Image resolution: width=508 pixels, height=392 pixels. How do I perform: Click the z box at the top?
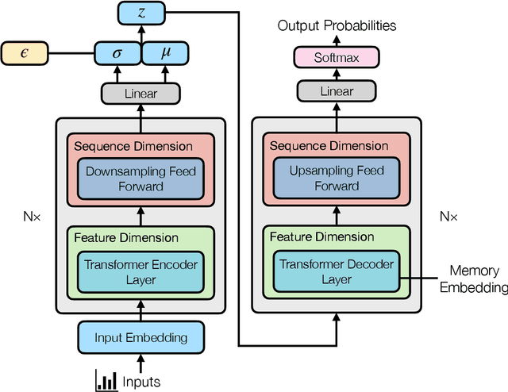(x=140, y=13)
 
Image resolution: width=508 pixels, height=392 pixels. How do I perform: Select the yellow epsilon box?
(x=25, y=54)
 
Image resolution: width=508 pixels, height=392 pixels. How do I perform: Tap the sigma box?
(x=117, y=54)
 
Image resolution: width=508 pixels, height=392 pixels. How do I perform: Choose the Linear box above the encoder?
(x=140, y=94)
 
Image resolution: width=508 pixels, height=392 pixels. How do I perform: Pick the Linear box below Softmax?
(x=337, y=91)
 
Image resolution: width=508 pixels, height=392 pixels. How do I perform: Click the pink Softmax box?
(x=337, y=56)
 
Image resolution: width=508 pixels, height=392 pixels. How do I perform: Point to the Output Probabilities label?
(x=337, y=26)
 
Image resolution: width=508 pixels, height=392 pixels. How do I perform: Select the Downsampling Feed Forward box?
(x=140, y=179)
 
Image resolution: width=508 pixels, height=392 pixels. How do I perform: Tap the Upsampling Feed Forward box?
(x=336, y=179)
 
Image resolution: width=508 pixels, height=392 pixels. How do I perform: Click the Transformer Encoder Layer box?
(x=140, y=272)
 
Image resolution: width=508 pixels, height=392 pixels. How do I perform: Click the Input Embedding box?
(x=140, y=337)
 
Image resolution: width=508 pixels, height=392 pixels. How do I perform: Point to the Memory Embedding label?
(x=474, y=279)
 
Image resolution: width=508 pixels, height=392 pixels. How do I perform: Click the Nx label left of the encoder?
(x=32, y=215)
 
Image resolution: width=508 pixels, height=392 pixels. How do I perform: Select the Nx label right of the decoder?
(x=450, y=215)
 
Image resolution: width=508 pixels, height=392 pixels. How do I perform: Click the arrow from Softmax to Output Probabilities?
(x=337, y=40)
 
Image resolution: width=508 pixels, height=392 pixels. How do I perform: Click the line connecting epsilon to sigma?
(x=71, y=54)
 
